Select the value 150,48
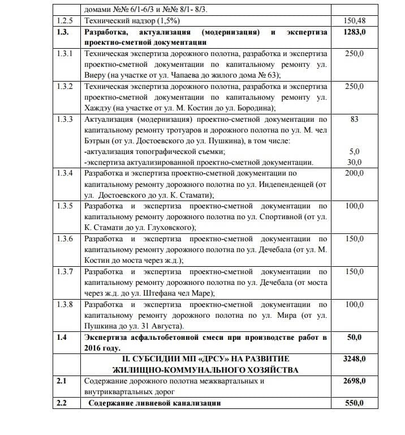[355, 20]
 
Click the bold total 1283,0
[355, 32]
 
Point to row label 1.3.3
[65, 120]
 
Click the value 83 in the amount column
[355, 120]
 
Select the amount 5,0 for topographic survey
[355, 151]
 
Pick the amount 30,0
[355, 162]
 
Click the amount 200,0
[355, 173]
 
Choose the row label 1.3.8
[65, 305]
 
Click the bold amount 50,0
[355, 338]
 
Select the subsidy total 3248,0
[355, 359]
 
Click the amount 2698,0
[355, 381]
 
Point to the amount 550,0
[355, 403]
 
